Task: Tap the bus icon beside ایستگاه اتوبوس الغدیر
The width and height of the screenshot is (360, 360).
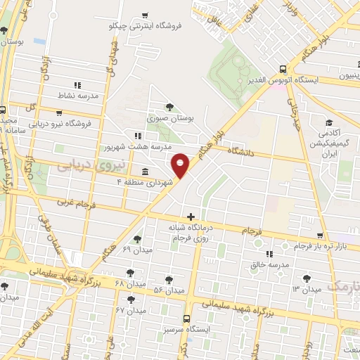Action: tap(283, 69)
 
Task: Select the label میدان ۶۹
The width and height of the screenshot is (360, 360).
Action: tap(136, 250)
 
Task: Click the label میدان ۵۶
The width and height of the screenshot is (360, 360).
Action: tap(169, 289)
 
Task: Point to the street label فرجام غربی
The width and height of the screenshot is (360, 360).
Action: tap(72, 203)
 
